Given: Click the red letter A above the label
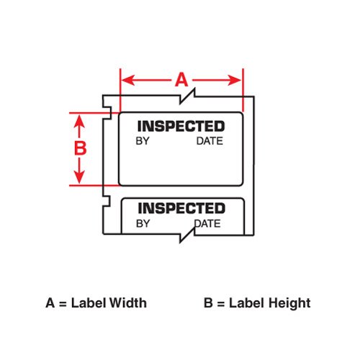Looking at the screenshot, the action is pyautogui.click(x=181, y=80).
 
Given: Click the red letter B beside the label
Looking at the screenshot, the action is pyautogui.click(x=80, y=148).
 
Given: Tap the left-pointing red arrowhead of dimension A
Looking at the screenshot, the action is pyautogui.click(x=128, y=80).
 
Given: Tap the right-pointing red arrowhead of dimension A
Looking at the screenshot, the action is pyautogui.click(x=235, y=80).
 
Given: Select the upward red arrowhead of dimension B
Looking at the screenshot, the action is pyautogui.click(x=79, y=121).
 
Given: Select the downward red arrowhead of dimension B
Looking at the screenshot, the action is pyautogui.click(x=79, y=177).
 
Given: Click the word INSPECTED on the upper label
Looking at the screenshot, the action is pyautogui.click(x=181, y=126).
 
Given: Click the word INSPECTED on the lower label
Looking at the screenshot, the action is pyautogui.click(x=181, y=208).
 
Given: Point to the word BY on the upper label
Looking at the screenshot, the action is pyautogui.click(x=143, y=141).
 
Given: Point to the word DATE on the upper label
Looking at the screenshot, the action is pyautogui.click(x=210, y=141).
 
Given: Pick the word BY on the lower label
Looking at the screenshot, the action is pyautogui.click(x=143, y=224).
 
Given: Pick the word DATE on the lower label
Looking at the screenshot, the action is pyautogui.click(x=207, y=224).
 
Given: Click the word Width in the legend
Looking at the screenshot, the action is pyautogui.click(x=127, y=303).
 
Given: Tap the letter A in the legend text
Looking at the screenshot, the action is pyautogui.click(x=50, y=303).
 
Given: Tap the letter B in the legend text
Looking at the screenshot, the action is pyautogui.click(x=208, y=303).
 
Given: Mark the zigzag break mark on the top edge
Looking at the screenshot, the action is pyautogui.click(x=187, y=96).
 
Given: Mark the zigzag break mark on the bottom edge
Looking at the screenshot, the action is pyautogui.click(x=187, y=235).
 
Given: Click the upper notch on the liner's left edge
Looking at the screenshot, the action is pyautogui.click(x=107, y=113).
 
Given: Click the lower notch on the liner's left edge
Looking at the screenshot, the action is pyautogui.click(x=107, y=201).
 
